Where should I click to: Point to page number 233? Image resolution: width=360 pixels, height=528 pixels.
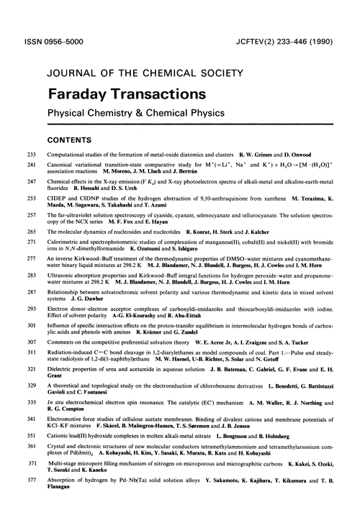(31, 155)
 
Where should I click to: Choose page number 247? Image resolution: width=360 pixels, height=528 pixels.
(31, 183)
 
